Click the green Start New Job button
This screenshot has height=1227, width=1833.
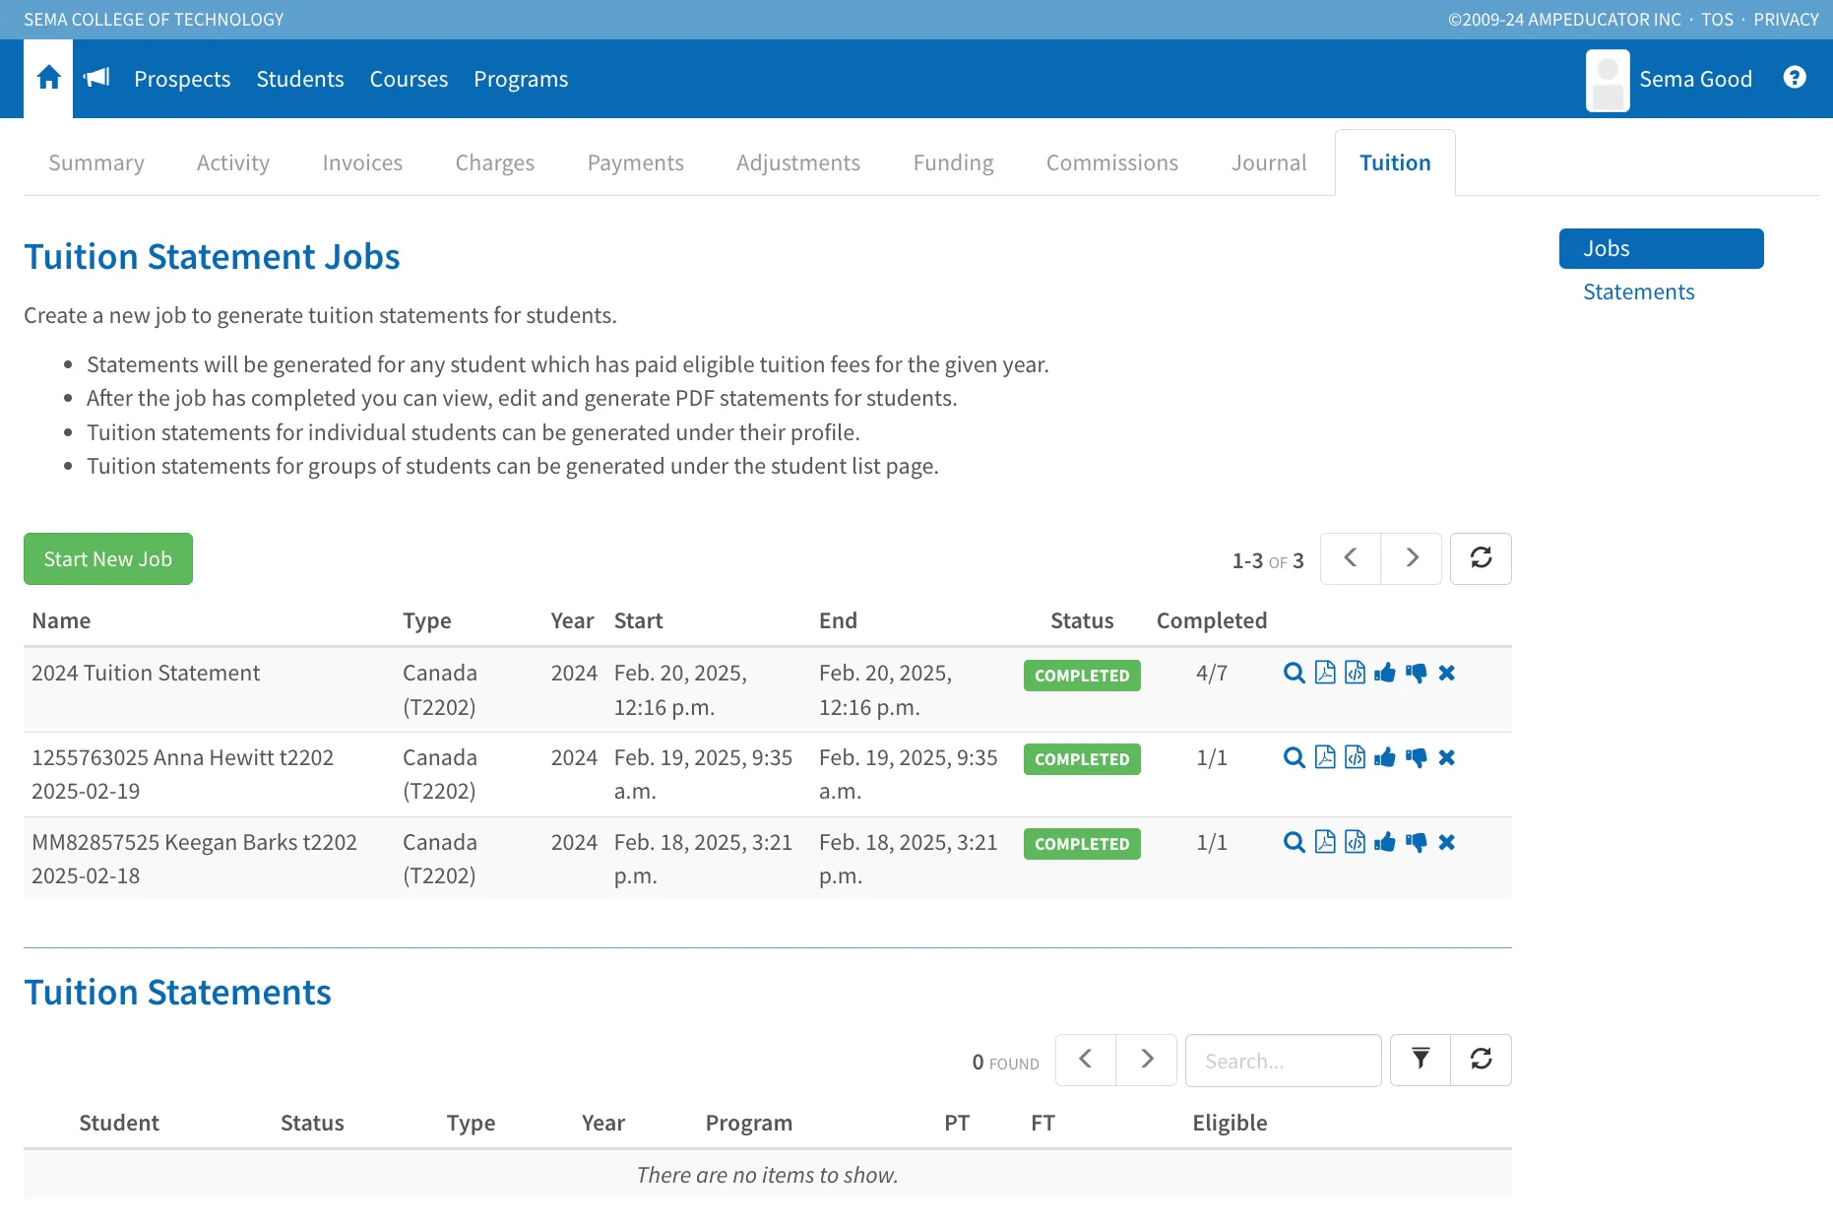(x=108, y=558)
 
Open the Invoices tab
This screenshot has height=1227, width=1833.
(x=362, y=162)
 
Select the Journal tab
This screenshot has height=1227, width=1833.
(x=1269, y=162)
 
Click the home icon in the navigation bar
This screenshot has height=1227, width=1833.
(x=48, y=78)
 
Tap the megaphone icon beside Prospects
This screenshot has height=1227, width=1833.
(x=96, y=78)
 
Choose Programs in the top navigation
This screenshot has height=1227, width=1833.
(x=521, y=79)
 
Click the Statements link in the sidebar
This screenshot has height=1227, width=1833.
(x=1638, y=291)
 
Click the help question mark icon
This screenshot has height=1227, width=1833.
(x=1795, y=78)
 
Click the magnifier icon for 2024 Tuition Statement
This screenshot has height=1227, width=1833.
(x=1295, y=674)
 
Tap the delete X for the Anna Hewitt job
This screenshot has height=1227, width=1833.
(x=1446, y=757)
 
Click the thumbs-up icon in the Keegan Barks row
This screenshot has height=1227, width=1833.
(x=1385, y=842)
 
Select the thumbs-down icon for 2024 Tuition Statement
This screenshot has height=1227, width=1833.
(x=1416, y=674)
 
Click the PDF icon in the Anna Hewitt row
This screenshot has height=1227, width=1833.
(x=1325, y=757)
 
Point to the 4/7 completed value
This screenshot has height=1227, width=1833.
(x=1211, y=674)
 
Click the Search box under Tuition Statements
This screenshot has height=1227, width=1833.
(x=1283, y=1061)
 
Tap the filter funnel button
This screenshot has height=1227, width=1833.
(x=1421, y=1060)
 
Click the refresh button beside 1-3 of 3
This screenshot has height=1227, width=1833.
(x=1481, y=558)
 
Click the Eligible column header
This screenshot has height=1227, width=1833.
(x=1230, y=1123)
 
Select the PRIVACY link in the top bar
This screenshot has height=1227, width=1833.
(x=1786, y=20)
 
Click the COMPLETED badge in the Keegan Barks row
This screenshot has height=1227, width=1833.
(x=1082, y=844)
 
